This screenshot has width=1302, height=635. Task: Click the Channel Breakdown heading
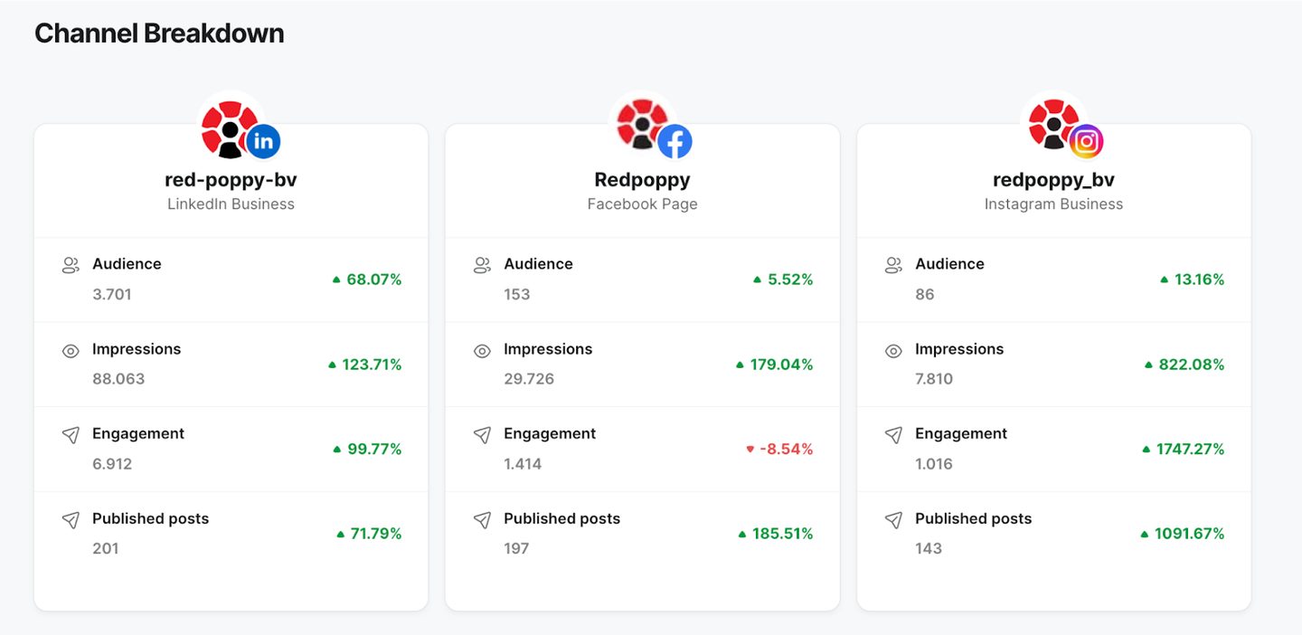pyautogui.click(x=159, y=33)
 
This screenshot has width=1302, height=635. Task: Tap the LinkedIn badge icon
pyautogui.click(x=263, y=141)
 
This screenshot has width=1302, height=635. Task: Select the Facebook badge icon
pyautogui.click(x=675, y=141)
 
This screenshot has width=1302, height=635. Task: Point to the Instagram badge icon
pyautogui.click(x=1087, y=141)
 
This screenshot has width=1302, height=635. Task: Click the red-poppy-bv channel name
pyautogui.click(x=231, y=180)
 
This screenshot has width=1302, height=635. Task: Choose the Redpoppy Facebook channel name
pyautogui.click(x=642, y=180)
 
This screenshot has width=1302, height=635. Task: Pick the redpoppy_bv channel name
pyautogui.click(x=1054, y=180)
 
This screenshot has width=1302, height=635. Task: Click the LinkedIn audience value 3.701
pyautogui.click(x=111, y=294)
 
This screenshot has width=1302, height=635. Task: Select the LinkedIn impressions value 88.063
pyautogui.click(x=118, y=379)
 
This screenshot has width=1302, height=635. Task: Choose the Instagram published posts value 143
pyautogui.click(x=929, y=548)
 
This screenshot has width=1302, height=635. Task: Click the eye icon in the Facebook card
pyautogui.click(x=482, y=351)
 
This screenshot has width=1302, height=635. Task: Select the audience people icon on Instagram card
pyautogui.click(x=893, y=266)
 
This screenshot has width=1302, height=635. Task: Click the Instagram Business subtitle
pyautogui.click(x=1054, y=204)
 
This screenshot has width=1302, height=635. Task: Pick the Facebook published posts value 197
pyautogui.click(x=517, y=548)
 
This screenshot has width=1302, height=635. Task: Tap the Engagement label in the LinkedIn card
pyautogui.click(x=138, y=434)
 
